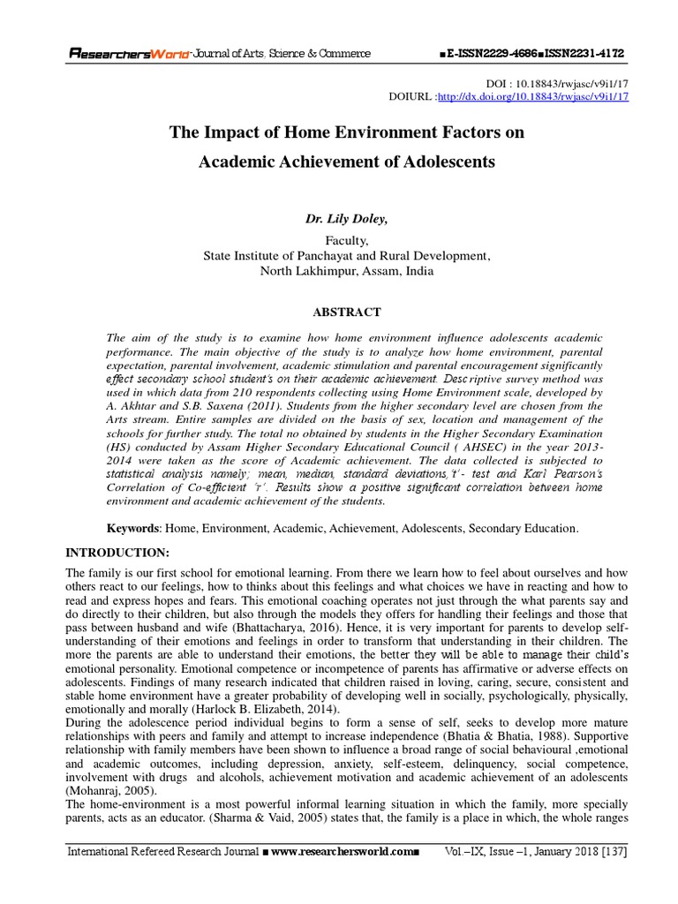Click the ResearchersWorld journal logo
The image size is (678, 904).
[x=130, y=54]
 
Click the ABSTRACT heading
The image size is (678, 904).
[x=346, y=312]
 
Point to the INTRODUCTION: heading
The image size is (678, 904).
[x=117, y=552]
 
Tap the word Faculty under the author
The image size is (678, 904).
[x=346, y=240]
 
